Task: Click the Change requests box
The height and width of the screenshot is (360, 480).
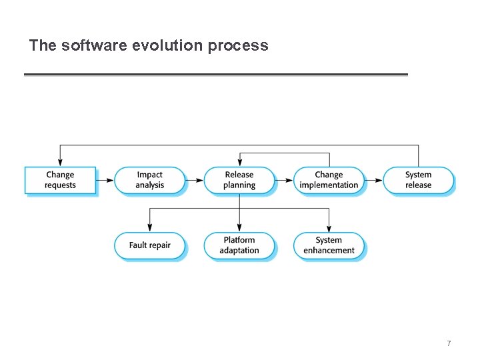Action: [60, 180]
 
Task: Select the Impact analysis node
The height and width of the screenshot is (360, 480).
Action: [149, 180]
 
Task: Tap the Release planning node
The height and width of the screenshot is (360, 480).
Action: [239, 180]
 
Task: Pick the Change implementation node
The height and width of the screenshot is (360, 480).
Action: [329, 180]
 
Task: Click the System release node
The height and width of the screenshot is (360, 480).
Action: [418, 180]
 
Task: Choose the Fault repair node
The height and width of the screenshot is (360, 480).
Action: [149, 245]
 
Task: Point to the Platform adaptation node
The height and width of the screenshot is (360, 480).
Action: [239, 245]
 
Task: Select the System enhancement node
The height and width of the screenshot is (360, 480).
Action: [329, 245]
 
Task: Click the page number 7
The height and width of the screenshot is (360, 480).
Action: [449, 343]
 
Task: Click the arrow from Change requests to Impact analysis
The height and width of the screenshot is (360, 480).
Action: [105, 180]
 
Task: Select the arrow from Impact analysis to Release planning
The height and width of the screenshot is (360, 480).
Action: [195, 180]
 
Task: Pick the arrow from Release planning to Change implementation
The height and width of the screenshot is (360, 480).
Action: [285, 180]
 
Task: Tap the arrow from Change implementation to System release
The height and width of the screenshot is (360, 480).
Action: [375, 180]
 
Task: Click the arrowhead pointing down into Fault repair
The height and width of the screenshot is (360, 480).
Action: [149, 228]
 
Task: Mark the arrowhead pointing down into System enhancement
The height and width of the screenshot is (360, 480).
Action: [329, 228]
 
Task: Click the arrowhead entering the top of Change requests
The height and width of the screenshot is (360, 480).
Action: [60, 162]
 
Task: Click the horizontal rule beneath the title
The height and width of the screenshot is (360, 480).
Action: [215, 75]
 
